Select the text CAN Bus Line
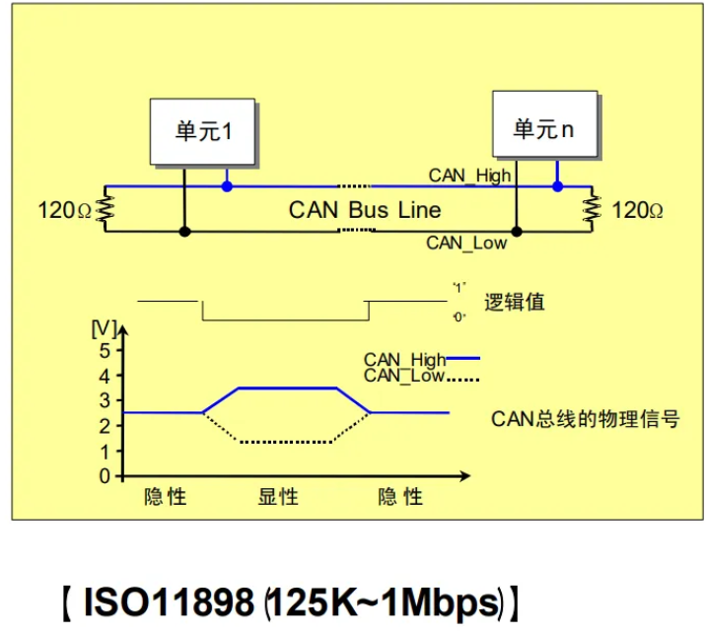364,210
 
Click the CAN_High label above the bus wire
469,176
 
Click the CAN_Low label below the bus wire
466,243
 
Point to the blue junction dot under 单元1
227,185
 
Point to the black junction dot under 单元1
183,232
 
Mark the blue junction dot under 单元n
558,185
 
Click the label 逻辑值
515,302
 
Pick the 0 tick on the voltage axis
107,475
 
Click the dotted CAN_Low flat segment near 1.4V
286,442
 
